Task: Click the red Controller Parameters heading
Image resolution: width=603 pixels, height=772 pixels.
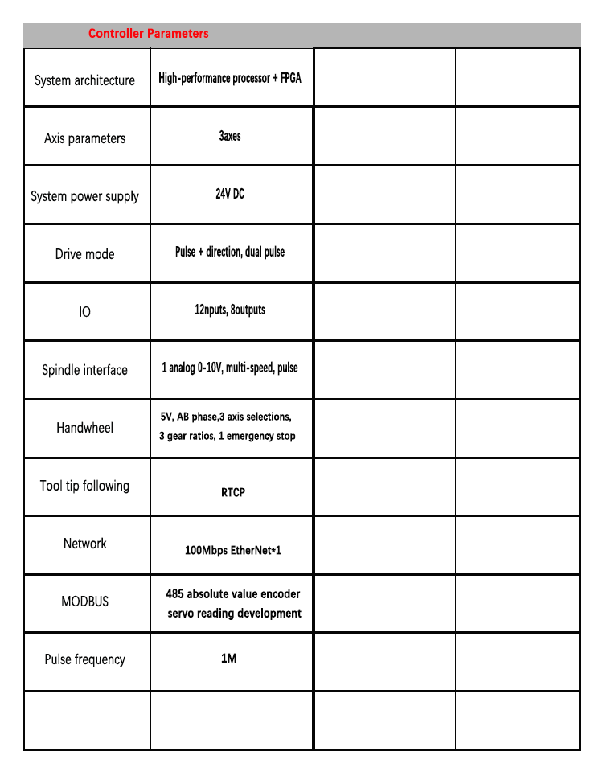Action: click(x=148, y=34)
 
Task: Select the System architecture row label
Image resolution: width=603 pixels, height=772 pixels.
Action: click(x=84, y=80)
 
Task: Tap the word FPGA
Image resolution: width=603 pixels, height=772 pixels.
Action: click(x=291, y=79)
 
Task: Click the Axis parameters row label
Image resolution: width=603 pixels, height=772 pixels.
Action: click(x=84, y=138)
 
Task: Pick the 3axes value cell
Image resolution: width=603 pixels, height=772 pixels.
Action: click(x=230, y=137)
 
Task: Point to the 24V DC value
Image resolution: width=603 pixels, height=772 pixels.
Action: click(x=230, y=195)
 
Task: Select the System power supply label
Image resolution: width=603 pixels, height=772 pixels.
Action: click(x=84, y=196)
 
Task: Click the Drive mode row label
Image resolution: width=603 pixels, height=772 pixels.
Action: click(x=84, y=254)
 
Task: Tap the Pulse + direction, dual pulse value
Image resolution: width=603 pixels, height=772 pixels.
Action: click(x=230, y=252)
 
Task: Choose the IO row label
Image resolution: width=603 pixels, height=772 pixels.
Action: click(x=84, y=311)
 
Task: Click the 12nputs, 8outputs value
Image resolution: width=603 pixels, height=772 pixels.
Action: click(x=230, y=310)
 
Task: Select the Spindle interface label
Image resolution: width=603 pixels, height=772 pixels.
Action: click(x=84, y=370)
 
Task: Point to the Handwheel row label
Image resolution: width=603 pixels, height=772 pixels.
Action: click(x=84, y=428)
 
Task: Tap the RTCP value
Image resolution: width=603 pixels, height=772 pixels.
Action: click(x=233, y=492)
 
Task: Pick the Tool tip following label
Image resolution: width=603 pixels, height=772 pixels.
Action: click(x=84, y=486)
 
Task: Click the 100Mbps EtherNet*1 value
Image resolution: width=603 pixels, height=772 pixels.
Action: click(x=233, y=551)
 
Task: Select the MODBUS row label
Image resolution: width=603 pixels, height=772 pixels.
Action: click(x=84, y=602)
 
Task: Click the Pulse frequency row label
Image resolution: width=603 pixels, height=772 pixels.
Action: click(x=84, y=659)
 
